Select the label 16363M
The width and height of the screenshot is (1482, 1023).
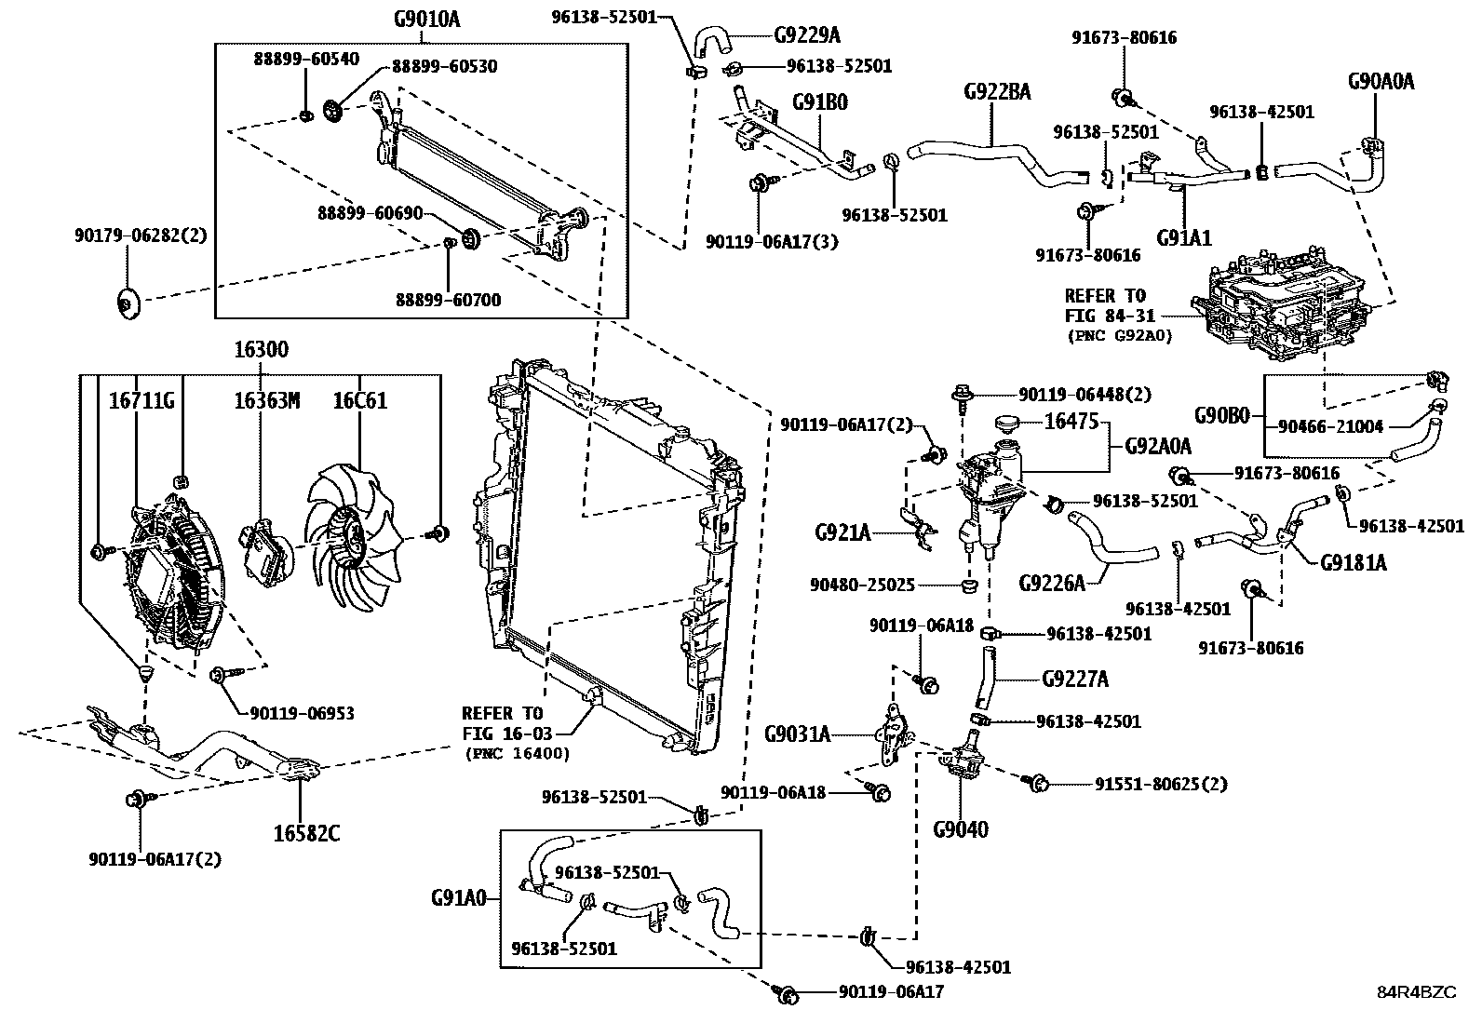[267, 401]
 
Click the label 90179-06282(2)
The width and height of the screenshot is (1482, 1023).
[141, 236]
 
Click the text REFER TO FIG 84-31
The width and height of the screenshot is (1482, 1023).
[1111, 306]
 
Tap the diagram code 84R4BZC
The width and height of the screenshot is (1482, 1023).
[1416, 992]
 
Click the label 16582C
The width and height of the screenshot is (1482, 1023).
[306, 834]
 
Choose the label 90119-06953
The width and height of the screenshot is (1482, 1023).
[302, 713]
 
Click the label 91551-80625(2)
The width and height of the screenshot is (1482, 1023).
[1160, 785]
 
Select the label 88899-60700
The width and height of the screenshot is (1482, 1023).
[448, 300]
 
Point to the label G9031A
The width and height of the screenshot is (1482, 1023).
[797, 734]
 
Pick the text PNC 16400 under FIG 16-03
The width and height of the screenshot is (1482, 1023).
[517, 753]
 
